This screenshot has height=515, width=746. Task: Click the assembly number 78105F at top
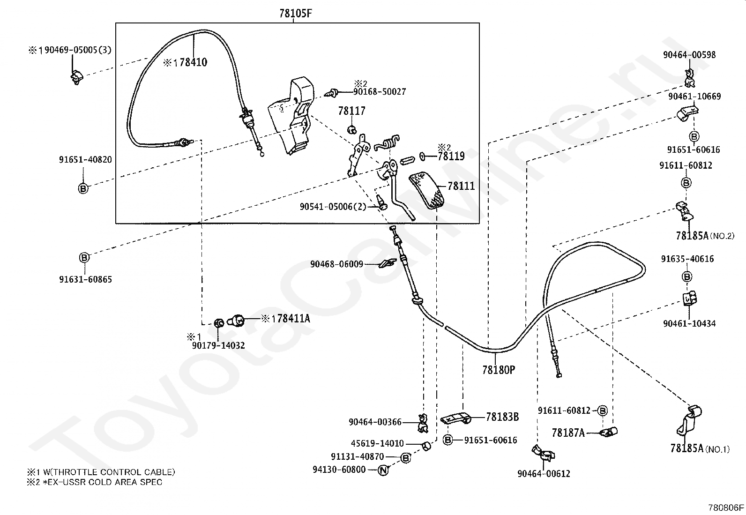(x=295, y=13)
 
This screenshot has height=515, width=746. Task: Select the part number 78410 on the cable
(x=193, y=62)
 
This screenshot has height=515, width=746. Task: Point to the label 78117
(x=351, y=111)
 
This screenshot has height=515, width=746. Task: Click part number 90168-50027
(x=380, y=92)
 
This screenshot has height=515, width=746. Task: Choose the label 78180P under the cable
(x=499, y=370)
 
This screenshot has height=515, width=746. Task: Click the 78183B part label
(x=502, y=417)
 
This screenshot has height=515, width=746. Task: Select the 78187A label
(x=568, y=433)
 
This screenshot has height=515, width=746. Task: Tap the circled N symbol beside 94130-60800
(x=383, y=470)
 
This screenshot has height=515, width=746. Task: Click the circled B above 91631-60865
(x=84, y=257)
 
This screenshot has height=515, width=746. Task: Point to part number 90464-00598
(x=689, y=55)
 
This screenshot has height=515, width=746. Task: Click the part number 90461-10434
(x=689, y=323)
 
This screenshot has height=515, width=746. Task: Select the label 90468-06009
(x=336, y=264)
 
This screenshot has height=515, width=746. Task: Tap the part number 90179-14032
(x=218, y=346)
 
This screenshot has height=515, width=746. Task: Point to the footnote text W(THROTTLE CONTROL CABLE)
(x=107, y=472)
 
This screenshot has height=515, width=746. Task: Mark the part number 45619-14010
(x=377, y=443)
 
